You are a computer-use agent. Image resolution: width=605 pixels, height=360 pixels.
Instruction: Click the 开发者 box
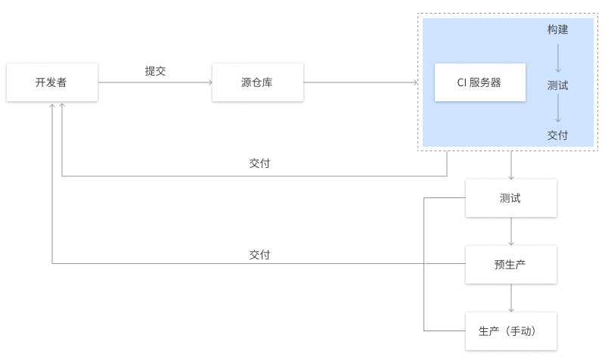pyautogui.click(x=52, y=82)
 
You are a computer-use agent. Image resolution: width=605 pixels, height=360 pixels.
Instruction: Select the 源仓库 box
pyautogui.click(x=258, y=82)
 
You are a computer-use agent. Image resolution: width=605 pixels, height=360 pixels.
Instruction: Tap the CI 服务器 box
pyautogui.click(x=480, y=82)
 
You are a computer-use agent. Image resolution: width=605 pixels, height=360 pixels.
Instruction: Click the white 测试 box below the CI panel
pyautogui.click(x=511, y=198)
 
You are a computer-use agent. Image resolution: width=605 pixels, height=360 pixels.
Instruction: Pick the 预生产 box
pyautogui.click(x=511, y=264)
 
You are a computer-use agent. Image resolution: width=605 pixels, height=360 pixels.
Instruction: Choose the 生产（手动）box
pyautogui.click(x=511, y=331)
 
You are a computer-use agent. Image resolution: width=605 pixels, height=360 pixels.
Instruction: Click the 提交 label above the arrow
pyautogui.click(x=156, y=71)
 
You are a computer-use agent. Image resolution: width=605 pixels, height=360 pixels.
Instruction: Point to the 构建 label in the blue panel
pyautogui.click(x=557, y=29)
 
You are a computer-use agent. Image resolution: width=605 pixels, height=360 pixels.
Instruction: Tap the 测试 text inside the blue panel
pyautogui.click(x=557, y=85)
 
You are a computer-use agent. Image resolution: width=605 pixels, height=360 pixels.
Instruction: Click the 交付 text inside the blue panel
pyautogui.click(x=557, y=135)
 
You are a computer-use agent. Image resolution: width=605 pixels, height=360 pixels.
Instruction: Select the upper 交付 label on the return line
pyautogui.click(x=259, y=163)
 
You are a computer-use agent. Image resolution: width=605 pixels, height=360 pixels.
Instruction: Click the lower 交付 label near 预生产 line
pyautogui.click(x=259, y=255)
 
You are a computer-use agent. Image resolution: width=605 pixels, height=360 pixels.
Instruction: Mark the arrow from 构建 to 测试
pyautogui.click(x=558, y=58)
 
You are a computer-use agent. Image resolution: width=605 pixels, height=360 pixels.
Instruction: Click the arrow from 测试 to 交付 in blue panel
pyautogui.click(x=558, y=108)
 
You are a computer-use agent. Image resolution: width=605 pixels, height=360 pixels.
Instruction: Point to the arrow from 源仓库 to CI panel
pyautogui.click(x=361, y=82)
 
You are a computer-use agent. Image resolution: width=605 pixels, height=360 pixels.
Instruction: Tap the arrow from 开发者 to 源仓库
pyautogui.click(x=155, y=82)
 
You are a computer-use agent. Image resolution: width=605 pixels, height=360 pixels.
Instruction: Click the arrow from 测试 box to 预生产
pyautogui.click(x=511, y=231)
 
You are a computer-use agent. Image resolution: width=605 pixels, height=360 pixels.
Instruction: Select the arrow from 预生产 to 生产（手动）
pyautogui.click(x=511, y=298)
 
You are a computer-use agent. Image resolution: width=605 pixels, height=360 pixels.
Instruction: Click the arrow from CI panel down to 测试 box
pyautogui.click(x=511, y=165)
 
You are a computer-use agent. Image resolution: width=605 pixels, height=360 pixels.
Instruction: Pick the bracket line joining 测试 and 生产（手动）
pyautogui.click(x=424, y=264)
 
